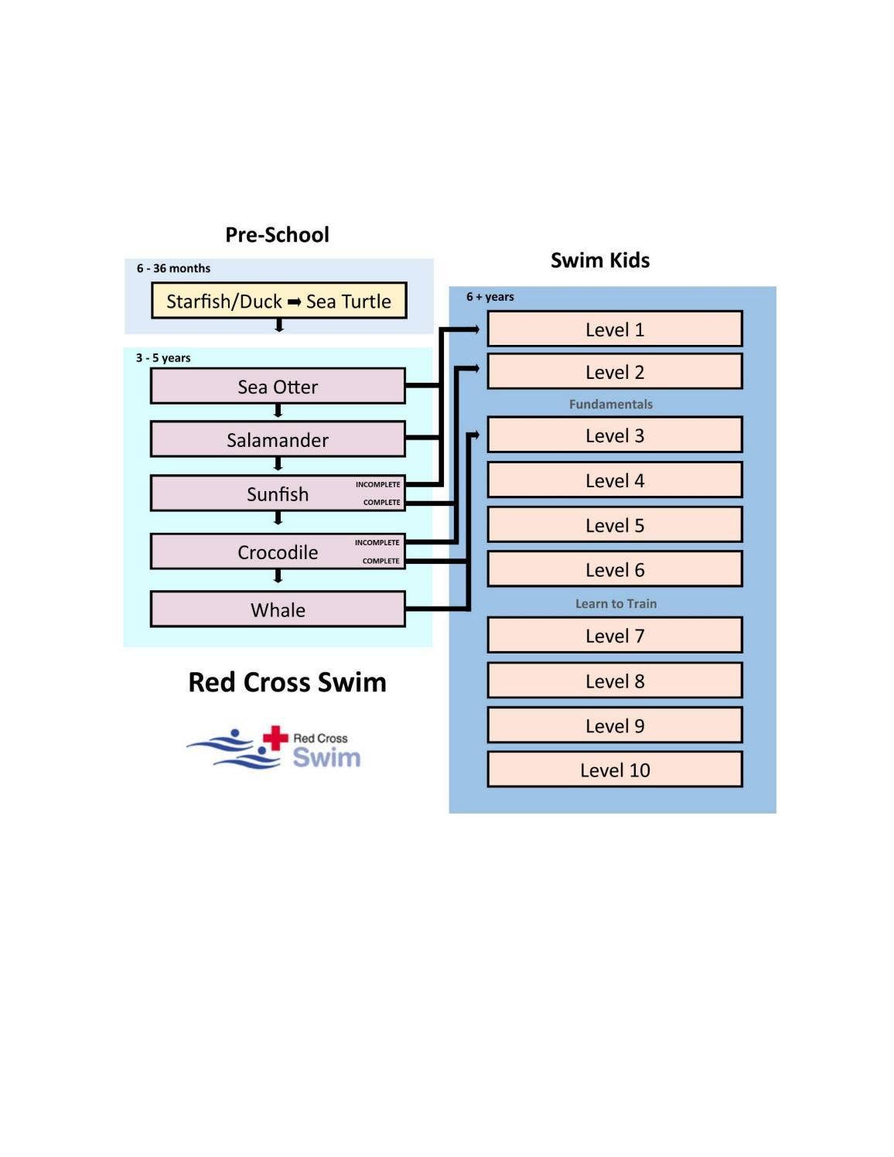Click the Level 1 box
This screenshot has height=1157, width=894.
614,329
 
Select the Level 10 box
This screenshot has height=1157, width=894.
614,770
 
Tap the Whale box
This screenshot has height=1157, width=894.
278,610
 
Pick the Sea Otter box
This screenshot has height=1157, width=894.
278,387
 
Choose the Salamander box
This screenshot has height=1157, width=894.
278,440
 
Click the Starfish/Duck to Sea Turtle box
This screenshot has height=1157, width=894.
278,301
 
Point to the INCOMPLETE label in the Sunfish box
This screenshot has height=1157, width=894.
377,485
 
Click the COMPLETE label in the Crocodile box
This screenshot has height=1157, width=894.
380,561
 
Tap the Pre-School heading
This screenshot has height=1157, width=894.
277,234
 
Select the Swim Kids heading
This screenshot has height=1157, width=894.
600,260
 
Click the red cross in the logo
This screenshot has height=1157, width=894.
275,738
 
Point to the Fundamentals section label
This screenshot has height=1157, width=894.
611,404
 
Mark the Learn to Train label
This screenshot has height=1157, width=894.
616,603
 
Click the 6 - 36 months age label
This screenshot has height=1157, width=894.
173,268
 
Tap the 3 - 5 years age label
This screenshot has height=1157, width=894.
163,358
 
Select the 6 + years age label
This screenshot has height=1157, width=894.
490,297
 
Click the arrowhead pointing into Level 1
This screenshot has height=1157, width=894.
474,329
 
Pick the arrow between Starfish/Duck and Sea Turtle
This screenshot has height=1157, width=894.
294,302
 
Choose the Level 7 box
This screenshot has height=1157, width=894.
614,636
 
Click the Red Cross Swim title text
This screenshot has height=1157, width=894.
287,682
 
